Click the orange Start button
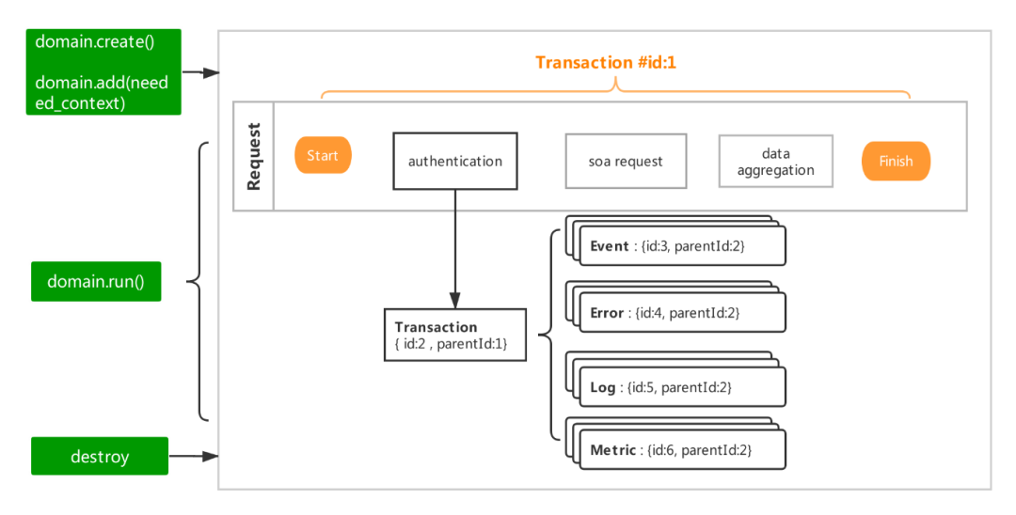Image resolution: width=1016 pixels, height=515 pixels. (x=323, y=156)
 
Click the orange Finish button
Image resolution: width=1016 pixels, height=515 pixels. (x=896, y=162)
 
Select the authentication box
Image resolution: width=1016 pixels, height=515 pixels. (x=454, y=161)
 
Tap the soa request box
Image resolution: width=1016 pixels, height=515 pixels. (x=626, y=161)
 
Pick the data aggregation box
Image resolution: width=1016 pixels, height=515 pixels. (x=775, y=162)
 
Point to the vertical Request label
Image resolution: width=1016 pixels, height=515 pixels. (x=253, y=156)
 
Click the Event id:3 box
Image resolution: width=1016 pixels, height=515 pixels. (x=682, y=246)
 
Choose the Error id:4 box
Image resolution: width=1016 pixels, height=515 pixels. (x=682, y=313)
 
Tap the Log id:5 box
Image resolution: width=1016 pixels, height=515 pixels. (x=682, y=387)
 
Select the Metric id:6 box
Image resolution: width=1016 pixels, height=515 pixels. (x=682, y=451)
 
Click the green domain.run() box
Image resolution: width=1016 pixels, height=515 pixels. (x=96, y=282)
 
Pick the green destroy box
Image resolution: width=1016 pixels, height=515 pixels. (x=100, y=457)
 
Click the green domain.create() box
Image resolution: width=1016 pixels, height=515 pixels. (x=103, y=71)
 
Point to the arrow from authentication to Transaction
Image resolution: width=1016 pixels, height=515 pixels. (x=455, y=249)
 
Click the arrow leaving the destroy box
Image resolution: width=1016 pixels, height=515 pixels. (x=194, y=458)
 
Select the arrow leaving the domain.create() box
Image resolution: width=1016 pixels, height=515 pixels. (x=200, y=72)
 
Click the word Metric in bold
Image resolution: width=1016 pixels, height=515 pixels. (x=613, y=451)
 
